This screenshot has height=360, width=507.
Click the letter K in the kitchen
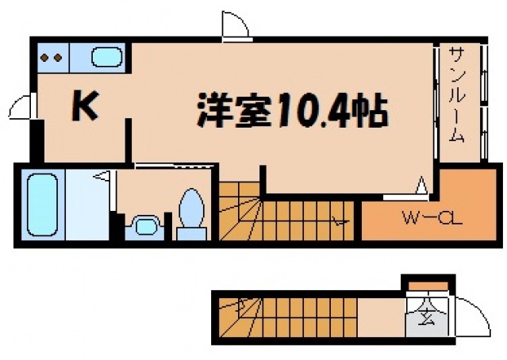pos(85,107)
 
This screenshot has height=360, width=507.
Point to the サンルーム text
pos(457,94)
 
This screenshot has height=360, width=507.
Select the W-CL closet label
pos(421,216)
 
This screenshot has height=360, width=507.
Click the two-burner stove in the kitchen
pos(52,57)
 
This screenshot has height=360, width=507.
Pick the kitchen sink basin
pos(106,57)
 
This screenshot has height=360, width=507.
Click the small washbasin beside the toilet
pos(144,226)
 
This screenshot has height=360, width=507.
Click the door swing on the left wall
pos(23,107)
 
